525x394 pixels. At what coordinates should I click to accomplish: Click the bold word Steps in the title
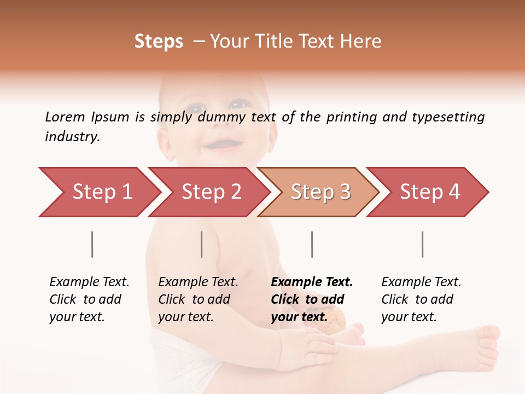159,42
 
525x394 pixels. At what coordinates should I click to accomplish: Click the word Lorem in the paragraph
65,117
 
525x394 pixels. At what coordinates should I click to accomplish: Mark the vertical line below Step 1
92,244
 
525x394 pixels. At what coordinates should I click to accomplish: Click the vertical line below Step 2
202,244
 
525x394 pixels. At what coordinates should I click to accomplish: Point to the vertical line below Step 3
312,244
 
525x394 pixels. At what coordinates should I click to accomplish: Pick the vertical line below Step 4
422,244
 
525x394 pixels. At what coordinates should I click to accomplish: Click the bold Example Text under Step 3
312,282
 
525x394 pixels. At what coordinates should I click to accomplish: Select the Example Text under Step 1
89,282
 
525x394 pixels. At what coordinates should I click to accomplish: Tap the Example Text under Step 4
421,282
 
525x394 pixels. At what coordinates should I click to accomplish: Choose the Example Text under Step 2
198,282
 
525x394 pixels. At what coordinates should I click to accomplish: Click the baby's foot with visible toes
484,345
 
